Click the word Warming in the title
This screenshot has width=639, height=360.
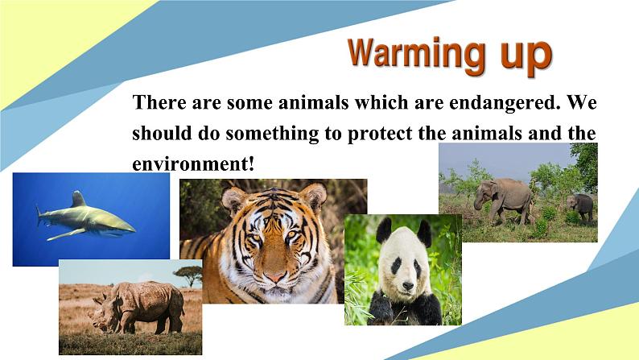tap(416, 56)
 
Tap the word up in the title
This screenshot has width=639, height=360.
tap(526, 57)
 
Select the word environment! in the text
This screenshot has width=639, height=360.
tap(193, 164)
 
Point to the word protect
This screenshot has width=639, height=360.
tap(380, 134)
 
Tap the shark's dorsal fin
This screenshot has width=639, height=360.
tap(78, 199)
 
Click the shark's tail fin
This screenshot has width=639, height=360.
tap(39, 215)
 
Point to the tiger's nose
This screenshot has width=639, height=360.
tap(275, 276)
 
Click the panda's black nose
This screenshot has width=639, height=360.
tap(408, 285)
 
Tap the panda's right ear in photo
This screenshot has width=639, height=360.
tap(424, 234)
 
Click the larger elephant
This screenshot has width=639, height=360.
tap(505, 201)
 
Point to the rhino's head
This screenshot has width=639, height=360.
tap(105, 312)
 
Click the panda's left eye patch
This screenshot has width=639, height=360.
tap(395, 266)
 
